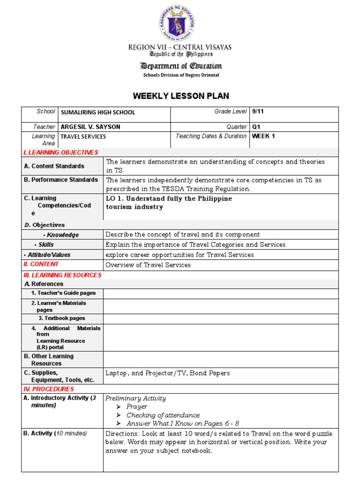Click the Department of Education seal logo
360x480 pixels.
pyautogui.click(x=180, y=23)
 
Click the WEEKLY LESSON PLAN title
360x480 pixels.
pyautogui.click(x=181, y=96)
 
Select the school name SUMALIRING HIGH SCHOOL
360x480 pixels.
pyautogui.click(x=97, y=112)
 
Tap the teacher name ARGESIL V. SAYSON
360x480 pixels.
pyautogui.click(x=90, y=127)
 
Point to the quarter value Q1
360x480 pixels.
pyautogui.click(x=256, y=127)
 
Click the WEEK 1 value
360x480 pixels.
pyautogui.click(x=263, y=136)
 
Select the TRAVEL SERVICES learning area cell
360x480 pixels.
pyautogui.click(x=83, y=137)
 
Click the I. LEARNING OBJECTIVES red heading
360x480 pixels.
pyautogui.click(x=61, y=152)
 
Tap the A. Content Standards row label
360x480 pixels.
pyautogui.click(x=54, y=166)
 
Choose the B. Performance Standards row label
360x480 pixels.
pyautogui.click(x=61, y=180)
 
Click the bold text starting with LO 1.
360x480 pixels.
pyautogui.click(x=169, y=202)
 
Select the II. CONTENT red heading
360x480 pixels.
pyautogui.click(x=41, y=264)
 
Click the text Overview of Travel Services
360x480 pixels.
pyautogui.click(x=148, y=265)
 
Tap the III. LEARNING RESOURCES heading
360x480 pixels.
pyautogui.click(x=62, y=275)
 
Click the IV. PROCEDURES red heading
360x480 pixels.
pyautogui.click(x=49, y=389)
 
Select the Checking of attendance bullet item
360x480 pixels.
pyautogui.click(x=163, y=415)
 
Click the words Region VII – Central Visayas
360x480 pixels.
pyautogui.click(x=180, y=47)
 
